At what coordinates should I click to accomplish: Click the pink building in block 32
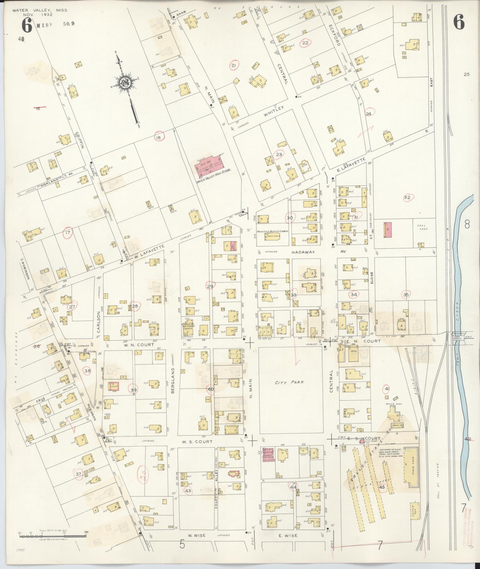[x=388, y=230]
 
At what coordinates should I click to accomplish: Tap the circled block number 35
[x=406, y=295]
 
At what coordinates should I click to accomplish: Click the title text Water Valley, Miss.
[x=40, y=10]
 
